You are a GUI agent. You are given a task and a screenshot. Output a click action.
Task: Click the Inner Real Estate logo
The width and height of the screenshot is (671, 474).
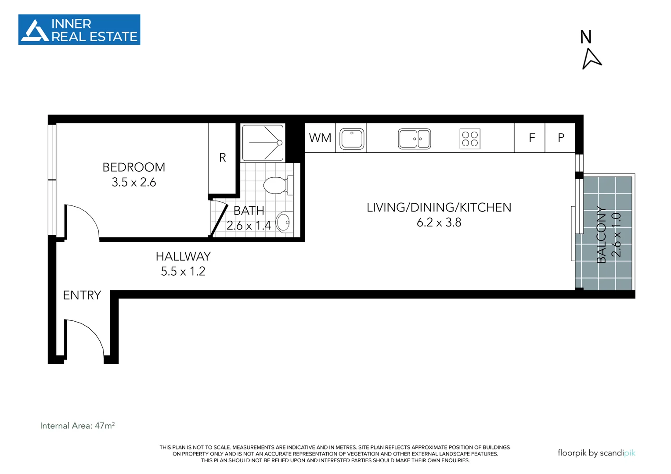[79, 30]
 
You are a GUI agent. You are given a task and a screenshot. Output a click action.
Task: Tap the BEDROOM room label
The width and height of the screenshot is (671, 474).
[133, 167]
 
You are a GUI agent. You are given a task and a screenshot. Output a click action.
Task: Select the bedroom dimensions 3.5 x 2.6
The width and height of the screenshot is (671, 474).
[133, 182]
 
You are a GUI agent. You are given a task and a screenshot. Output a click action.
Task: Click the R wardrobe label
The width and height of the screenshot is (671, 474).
[223, 158]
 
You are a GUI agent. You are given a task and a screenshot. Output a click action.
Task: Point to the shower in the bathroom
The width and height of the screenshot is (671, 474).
[263, 143]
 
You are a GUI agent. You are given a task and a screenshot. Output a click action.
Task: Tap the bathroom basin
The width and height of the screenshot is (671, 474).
[284, 223]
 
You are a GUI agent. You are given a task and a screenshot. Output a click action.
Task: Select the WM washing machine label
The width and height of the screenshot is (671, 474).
[320, 138]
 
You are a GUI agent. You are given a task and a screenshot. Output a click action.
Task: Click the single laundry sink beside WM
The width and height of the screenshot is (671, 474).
[352, 139]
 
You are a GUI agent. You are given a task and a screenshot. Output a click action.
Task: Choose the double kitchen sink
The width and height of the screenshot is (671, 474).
[414, 139]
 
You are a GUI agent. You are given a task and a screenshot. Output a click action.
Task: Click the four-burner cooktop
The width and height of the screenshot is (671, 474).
[469, 139]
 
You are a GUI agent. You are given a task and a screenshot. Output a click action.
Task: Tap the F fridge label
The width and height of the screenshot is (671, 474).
[531, 138]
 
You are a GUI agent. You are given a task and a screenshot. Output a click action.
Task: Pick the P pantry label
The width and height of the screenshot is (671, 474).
[561, 138]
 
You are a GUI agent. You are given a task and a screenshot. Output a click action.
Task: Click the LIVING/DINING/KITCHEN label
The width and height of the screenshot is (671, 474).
[439, 207]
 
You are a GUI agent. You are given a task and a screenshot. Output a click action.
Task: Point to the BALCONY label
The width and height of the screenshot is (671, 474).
[601, 234]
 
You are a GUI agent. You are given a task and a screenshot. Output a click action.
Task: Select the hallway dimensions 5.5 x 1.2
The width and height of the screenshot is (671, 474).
[183, 271]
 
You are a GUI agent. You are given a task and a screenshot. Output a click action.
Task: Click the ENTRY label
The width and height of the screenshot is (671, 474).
[82, 295]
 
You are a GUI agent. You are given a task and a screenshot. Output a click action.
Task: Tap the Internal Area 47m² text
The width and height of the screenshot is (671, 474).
[77, 426]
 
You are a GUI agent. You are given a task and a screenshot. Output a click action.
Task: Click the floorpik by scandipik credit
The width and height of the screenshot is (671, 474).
[596, 452]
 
